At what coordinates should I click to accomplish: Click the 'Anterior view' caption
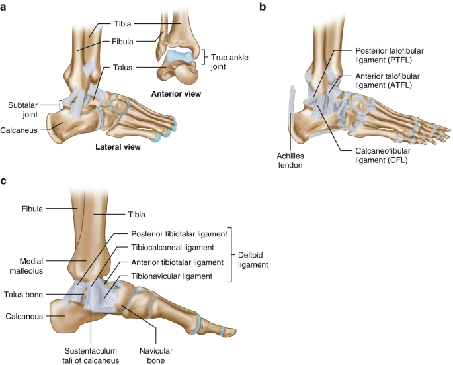(176, 93)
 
